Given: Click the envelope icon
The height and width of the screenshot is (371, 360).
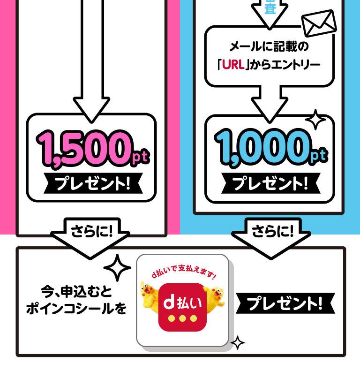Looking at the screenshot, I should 319,23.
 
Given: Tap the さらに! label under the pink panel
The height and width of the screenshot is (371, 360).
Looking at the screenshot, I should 92,231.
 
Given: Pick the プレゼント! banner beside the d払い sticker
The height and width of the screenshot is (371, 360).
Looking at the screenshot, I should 285,304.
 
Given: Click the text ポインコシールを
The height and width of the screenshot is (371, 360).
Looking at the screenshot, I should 76,310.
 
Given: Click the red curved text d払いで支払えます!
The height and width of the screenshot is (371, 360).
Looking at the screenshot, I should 183,275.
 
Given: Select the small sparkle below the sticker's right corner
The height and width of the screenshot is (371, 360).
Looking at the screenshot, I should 238,343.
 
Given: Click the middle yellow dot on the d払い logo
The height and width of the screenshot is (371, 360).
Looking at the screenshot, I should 183,318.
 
